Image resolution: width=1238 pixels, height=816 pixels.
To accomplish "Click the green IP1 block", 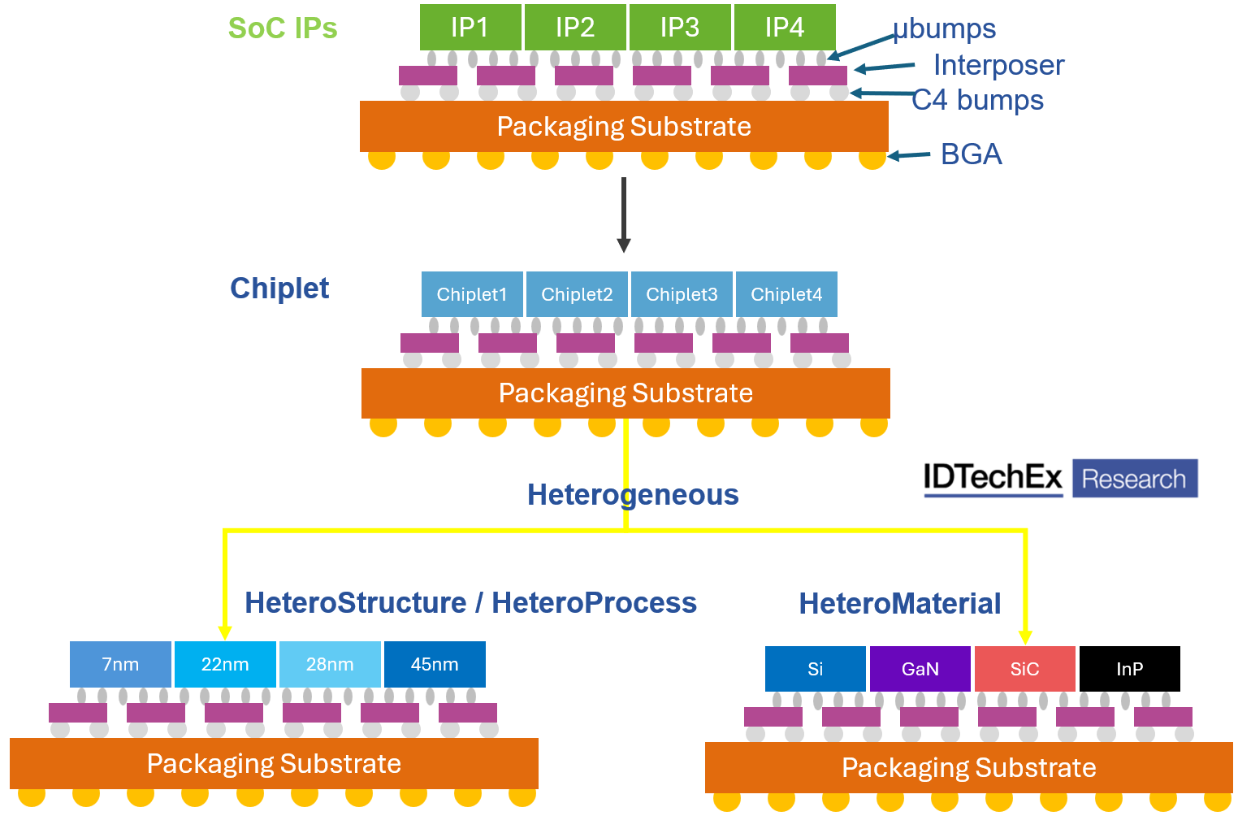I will point(470,27).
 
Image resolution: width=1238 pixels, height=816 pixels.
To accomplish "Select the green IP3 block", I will point(680,27).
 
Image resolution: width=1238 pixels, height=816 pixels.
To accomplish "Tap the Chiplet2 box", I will point(577,294).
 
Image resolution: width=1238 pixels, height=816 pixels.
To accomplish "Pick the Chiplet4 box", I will point(786,294).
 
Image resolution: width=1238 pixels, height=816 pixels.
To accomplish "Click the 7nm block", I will point(120,664).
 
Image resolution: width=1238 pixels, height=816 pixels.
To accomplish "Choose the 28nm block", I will point(330,664).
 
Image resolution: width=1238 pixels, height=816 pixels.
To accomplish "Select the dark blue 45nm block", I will point(435,664).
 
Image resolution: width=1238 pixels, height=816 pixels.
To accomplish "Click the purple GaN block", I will point(920,669).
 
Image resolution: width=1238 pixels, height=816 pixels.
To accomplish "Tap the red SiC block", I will point(1025,669).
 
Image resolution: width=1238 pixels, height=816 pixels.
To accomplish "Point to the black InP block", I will point(1130,669).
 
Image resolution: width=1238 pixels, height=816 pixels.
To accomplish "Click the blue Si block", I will point(816,669).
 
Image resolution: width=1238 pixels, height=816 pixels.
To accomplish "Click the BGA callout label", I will point(971,154).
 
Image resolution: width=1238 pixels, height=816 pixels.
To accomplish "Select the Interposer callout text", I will point(998,65).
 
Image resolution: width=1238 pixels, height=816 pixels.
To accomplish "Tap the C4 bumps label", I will point(978,100).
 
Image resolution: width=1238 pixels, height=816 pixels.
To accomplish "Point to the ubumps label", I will point(945,28).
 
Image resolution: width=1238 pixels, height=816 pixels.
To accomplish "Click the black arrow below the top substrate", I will point(624,215).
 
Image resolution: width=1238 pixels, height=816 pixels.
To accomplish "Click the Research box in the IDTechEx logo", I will point(1134,479).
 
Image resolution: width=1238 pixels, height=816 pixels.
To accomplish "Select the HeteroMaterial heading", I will point(900,604).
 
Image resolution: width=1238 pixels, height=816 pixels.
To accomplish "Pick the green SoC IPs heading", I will point(283,28).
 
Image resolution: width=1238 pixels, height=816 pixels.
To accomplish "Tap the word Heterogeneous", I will point(633,494).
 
